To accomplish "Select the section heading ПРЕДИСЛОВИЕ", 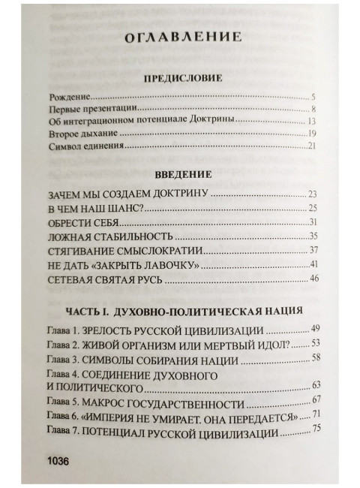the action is coord(179,79).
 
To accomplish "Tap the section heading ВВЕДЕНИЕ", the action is coord(179,173).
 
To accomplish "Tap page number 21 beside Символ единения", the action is coord(313,146).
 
